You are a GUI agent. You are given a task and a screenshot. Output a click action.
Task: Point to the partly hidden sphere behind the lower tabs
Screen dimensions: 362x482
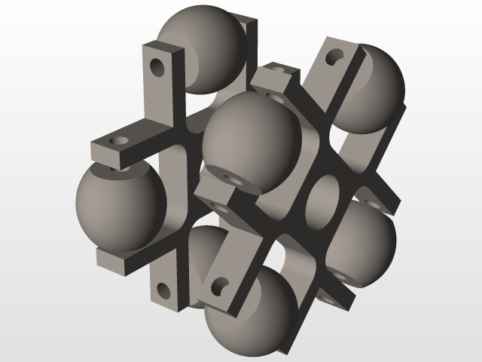[x=200, y=256]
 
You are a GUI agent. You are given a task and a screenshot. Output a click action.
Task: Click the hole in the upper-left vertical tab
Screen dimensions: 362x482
[x=157, y=66]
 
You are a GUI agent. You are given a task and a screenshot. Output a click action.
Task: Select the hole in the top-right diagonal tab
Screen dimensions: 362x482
[x=337, y=57]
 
